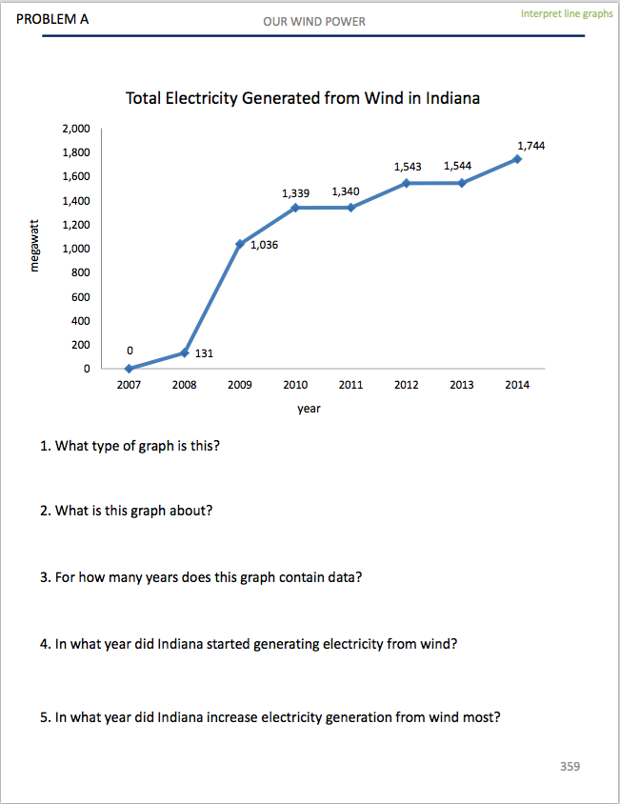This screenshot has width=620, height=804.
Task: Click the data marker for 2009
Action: (239, 244)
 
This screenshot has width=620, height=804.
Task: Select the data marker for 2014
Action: (517, 159)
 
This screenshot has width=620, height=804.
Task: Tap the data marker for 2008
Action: (184, 353)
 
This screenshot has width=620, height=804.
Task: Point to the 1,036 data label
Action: (264, 245)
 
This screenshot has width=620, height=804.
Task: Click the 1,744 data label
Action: (530, 145)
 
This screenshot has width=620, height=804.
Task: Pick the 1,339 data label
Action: (295, 192)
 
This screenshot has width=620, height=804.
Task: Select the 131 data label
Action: (204, 353)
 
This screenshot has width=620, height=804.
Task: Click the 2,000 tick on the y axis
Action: (76, 128)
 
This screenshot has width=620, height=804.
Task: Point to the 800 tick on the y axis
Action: (81, 272)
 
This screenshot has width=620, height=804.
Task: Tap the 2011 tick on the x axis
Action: (350, 385)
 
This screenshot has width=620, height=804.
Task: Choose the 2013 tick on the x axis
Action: (462, 385)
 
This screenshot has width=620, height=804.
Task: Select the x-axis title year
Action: (309, 408)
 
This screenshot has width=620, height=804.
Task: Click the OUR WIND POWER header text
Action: (314, 21)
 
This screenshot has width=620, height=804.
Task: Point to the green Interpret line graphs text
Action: (567, 14)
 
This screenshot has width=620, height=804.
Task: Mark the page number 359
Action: (570, 766)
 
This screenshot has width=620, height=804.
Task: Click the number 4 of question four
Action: (44, 644)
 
